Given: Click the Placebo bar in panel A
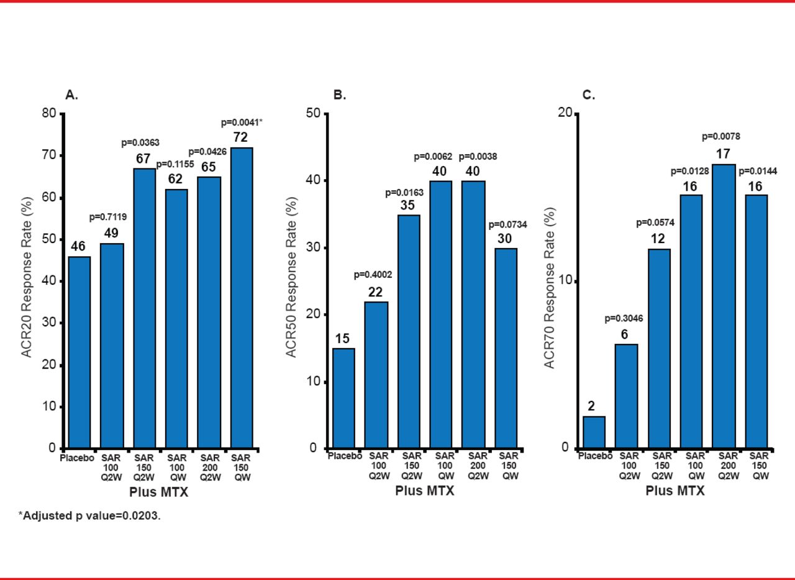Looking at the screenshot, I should tap(79, 352).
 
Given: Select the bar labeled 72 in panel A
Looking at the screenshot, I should tap(242, 298).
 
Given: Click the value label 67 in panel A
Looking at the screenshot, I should tap(144, 159).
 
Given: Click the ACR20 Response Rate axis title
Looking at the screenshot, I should tap(27, 281).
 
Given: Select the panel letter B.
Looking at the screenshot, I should tap(340, 95).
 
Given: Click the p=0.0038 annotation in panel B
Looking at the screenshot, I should tap(478, 157).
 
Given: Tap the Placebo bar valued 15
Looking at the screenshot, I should tap(343, 398).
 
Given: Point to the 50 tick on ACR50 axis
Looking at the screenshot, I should tap(313, 114).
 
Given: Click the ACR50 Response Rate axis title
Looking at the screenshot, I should tap(292, 281).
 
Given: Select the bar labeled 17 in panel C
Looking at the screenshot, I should tap(724, 306).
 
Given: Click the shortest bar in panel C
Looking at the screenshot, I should tap(594, 432).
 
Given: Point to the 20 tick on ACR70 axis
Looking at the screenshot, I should tap(565, 114).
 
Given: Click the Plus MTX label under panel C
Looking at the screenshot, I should tap(675, 490).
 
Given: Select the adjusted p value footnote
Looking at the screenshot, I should tap(89, 516).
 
